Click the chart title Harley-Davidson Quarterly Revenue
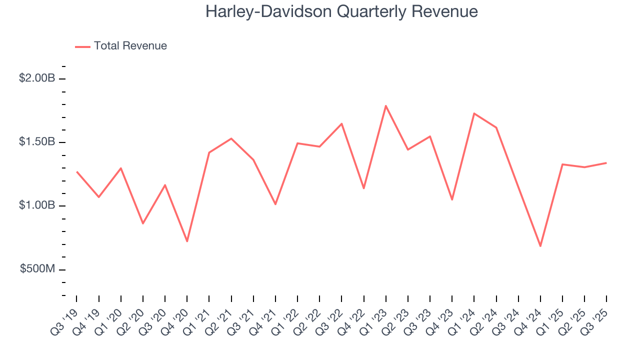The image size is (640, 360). coord(341,11)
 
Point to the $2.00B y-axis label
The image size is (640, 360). coord(37,78)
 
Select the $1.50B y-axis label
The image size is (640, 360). coord(37,142)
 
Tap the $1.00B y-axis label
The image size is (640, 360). coord(37,205)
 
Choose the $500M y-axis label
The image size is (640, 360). coord(37,269)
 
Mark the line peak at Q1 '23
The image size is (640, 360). coord(386,105)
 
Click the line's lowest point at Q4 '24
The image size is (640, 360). coord(540,246)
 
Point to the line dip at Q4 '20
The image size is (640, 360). coord(187,241)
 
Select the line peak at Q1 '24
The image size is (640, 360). coord(474,113)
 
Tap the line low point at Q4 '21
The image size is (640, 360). coord(275,204)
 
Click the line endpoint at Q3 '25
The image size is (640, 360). coord(606,162)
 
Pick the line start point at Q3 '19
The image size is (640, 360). coord(77,172)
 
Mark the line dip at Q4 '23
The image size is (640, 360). coord(452,199)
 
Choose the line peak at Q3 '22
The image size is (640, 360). coord(341,123)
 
